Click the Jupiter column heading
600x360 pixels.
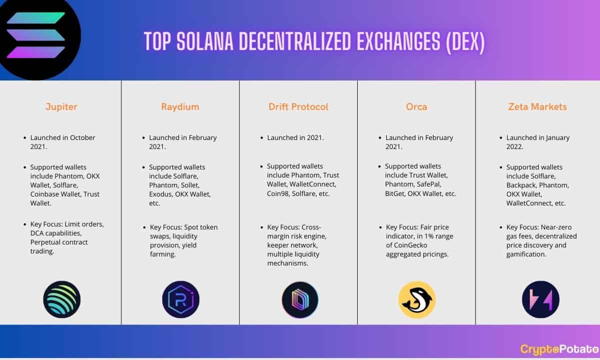[x=61, y=106]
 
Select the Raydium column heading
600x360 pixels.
[x=180, y=106]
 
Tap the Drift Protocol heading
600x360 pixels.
[x=298, y=106]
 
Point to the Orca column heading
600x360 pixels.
[x=416, y=106]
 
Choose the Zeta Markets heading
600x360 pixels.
[x=538, y=106]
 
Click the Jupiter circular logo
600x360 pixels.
[x=62, y=299]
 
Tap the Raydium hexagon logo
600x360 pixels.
[x=181, y=299]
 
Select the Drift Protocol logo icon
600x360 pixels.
[x=300, y=299]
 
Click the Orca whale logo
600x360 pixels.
[x=417, y=299]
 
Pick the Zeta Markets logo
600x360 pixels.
[x=541, y=299]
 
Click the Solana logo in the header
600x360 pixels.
[x=37, y=36]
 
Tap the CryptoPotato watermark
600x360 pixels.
[x=560, y=349]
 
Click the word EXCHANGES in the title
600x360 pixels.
[x=398, y=41]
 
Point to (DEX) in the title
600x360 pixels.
[x=465, y=42]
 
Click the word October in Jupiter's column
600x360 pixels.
[x=82, y=137]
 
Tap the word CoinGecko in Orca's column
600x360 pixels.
[x=406, y=245]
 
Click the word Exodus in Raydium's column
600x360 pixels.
[x=160, y=194]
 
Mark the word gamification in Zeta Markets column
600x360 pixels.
[x=526, y=254]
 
